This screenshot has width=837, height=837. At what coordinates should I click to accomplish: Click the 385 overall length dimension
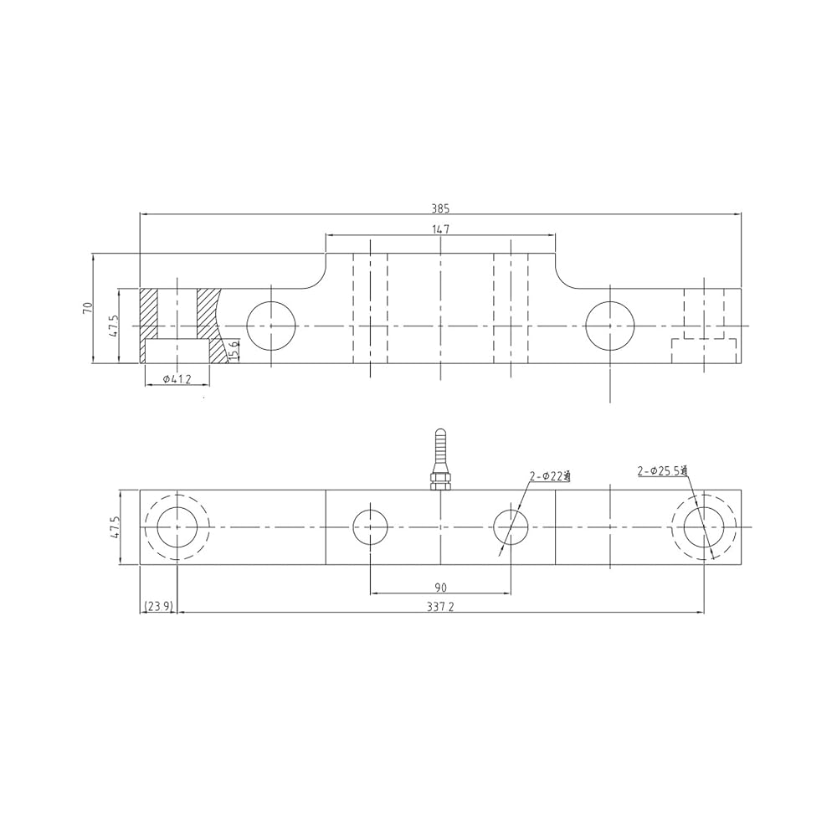(x=441, y=208)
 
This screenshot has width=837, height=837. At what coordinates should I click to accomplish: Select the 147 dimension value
(x=441, y=229)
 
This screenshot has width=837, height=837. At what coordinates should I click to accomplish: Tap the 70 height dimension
(x=88, y=308)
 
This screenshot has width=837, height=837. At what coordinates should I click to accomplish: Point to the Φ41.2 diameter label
(x=177, y=378)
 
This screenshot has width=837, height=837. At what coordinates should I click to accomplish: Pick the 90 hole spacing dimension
(x=440, y=588)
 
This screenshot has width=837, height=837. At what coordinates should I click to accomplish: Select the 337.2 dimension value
(x=440, y=606)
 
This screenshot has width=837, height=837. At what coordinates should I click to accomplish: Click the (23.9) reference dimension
(x=158, y=606)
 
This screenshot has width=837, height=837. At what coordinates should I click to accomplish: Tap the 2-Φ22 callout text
(x=551, y=476)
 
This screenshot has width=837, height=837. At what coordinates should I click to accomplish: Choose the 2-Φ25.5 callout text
(x=662, y=470)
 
